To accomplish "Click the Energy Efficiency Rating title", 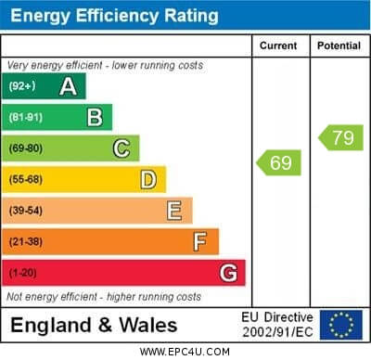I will point(114,16).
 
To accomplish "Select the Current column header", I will point(279,45).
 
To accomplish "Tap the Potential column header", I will point(339,45).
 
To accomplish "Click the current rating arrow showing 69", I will point(277,163).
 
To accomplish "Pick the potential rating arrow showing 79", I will point(339,138).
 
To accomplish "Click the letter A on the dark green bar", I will point(68,86).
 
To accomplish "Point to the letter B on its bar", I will point(95,117).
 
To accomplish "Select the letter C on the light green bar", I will point(122,148).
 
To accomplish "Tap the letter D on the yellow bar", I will point(148,179).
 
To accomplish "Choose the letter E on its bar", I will point(174,211).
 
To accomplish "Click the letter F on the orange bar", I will point(200,241).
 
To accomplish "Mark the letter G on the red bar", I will point(228,273).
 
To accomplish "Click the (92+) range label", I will point(23,86).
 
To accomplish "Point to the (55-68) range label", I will point(27,179).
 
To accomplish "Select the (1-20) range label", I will point(24,273).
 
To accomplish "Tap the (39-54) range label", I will point(27,211).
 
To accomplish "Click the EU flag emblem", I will point(341,324).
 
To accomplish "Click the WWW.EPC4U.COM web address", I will point(185,352).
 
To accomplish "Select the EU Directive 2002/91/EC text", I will point(278,324).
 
